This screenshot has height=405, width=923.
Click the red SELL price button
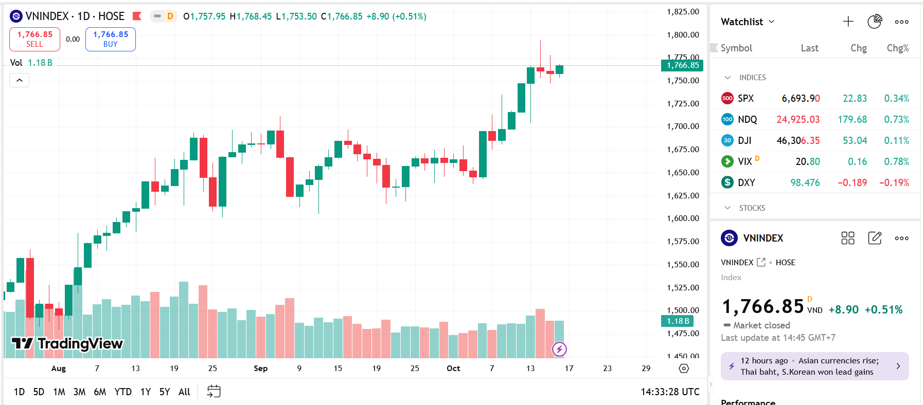click(x=34, y=39)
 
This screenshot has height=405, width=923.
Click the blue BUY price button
click(x=111, y=39)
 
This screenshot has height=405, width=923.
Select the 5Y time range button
click(x=165, y=392)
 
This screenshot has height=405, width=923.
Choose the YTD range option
click(x=123, y=392)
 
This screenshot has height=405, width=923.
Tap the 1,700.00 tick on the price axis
click(x=683, y=126)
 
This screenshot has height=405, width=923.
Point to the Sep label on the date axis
click(x=261, y=368)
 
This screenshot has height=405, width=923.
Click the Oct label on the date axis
click(x=453, y=368)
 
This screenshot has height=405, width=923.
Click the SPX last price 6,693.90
click(x=801, y=98)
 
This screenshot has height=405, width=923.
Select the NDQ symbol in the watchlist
click(x=747, y=119)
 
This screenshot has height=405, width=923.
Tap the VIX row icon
click(x=727, y=161)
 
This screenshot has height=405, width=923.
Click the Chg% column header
click(x=897, y=48)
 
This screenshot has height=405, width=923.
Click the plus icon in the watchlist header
click(x=848, y=22)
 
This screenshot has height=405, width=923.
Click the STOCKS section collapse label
click(x=752, y=208)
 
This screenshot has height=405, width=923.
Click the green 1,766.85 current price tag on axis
click(x=682, y=65)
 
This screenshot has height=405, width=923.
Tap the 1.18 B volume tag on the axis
click(x=677, y=321)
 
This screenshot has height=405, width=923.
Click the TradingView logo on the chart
click(x=67, y=343)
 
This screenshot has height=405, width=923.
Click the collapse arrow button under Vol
click(x=20, y=80)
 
